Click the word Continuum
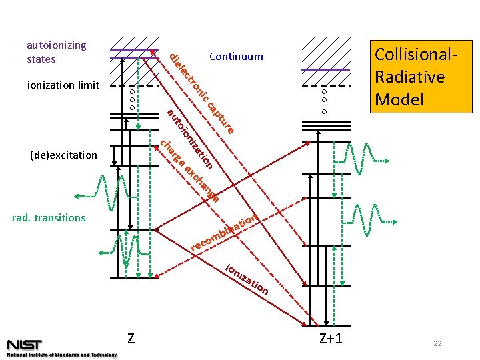[x=236, y=57]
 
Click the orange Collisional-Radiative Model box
[x=419, y=77]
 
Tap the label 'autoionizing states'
[x=57, y=52]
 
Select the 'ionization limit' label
[x=63, y=85]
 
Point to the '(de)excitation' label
[x=64, y=155]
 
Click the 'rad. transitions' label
[x=49, y=217]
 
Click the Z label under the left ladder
[x=131, y=338]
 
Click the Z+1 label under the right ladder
[x=331, y=338]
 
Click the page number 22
[x=437, y=343]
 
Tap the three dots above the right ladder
[x=325, y=101]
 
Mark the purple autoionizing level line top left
[x=133, y=50]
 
